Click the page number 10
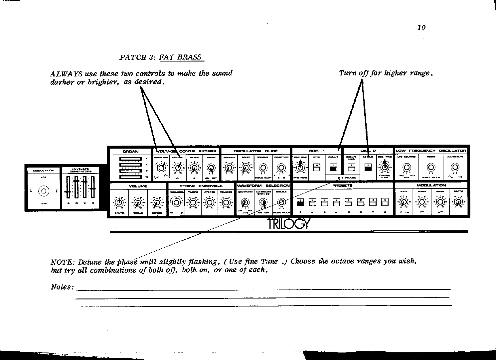point(421,28)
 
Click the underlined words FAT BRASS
point(180,57)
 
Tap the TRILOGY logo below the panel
point(288,224)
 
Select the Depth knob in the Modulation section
point(458,202)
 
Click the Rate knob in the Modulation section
point(404,202)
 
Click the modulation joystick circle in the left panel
point(43,191)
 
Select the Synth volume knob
point(119,202)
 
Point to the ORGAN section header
point(130,151)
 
